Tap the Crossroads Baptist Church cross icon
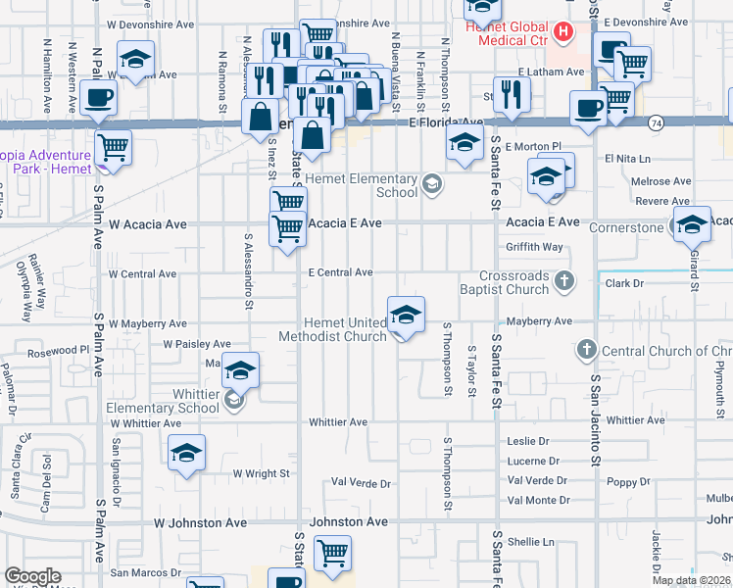(x=563, y=282)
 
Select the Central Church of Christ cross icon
(x=586, y=350)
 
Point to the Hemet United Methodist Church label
(x=332, y=329)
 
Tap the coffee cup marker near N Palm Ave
(x=99, y=98)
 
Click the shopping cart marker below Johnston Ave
(x=332, y=553)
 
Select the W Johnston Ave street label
(x=200, y=523)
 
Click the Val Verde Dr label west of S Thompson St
(x=361, y=482)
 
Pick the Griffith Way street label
(x=535, y=247)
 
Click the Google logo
(x=32, y=576)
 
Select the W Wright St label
(x=262, y=472)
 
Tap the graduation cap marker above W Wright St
(x=186, y=453)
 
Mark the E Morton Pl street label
(x=534, y=146)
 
